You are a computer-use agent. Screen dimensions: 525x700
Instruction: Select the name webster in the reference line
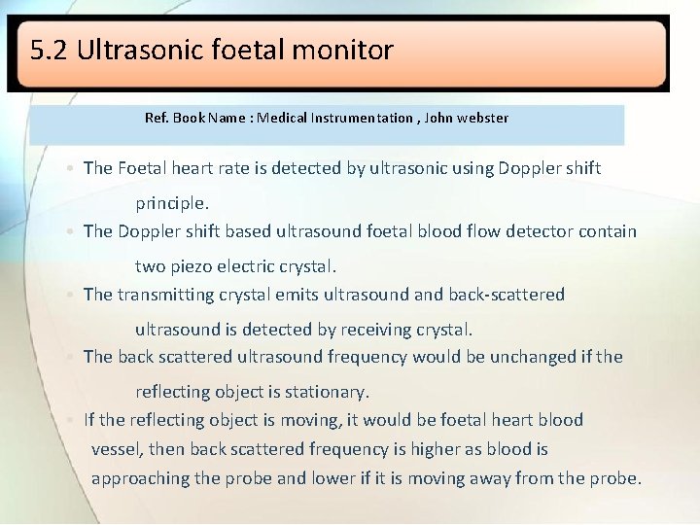[x=482, y=118]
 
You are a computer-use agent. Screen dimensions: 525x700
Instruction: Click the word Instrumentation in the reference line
[x=362, y=118]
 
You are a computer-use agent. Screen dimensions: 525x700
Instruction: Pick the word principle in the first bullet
[x=170, y=203]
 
